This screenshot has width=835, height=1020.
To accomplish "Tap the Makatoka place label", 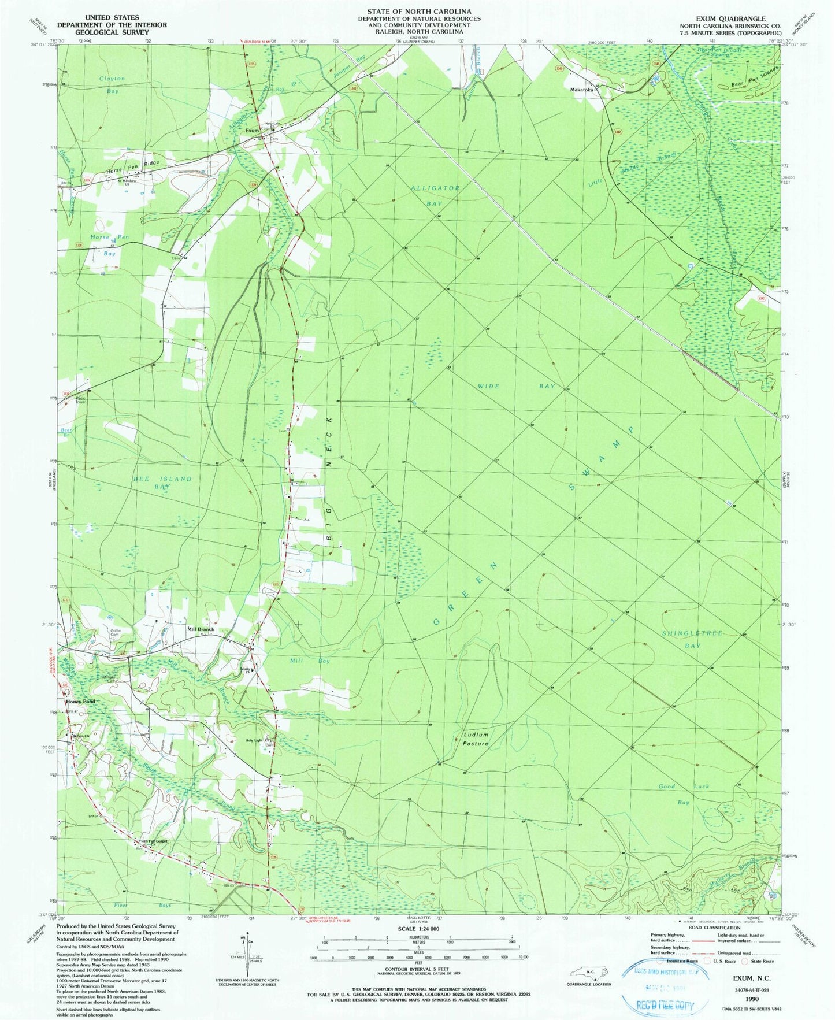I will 582,90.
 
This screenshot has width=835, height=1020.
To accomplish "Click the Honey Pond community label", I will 80,702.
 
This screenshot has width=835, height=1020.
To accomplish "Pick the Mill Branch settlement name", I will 201,629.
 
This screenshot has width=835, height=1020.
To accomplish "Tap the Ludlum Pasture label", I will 476,739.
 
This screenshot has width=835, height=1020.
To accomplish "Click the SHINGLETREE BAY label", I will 692,639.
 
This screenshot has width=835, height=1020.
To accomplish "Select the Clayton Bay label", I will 112,84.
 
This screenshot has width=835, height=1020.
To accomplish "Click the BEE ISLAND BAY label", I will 154,483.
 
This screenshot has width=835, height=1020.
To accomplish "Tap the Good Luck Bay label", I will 684,794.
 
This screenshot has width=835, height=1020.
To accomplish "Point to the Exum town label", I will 252,131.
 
